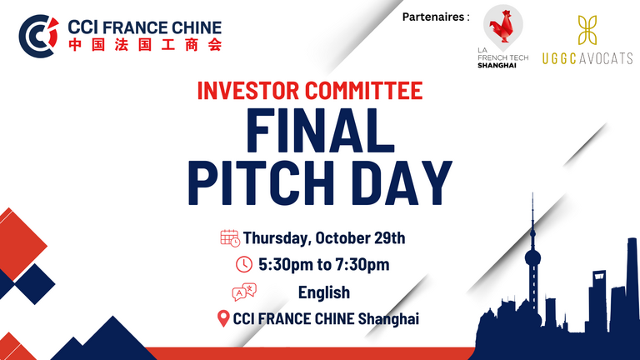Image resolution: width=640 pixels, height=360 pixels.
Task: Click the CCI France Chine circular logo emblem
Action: click(x=38, y=36)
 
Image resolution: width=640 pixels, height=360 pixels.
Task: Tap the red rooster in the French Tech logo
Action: click(x=502, y=27)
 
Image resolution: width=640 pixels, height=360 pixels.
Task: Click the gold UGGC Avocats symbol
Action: click(x=587, y=30)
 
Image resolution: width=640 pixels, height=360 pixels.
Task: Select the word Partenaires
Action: click(x=433, y=17)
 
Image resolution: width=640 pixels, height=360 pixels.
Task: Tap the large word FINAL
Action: click(x=320, y=131)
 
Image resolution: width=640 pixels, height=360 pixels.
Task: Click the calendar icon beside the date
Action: click(x=230, y=238)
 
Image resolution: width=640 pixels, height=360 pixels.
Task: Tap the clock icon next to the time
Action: click(x=244, y=264)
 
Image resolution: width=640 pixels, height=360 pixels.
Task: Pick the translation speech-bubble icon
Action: click(x=244, y=292)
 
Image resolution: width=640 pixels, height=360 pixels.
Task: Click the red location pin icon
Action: click(x=223, y=318)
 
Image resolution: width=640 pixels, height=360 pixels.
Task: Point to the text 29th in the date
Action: click(x=390, y=238)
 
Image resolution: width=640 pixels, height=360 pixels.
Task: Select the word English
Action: click(x=324, y=292)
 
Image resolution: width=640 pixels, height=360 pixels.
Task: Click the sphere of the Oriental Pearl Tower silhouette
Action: click(x=532, y=258)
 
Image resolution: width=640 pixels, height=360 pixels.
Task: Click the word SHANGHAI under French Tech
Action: click(x=497, y=66)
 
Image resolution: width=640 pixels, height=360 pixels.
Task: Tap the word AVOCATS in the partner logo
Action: click(x=606, y=59)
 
